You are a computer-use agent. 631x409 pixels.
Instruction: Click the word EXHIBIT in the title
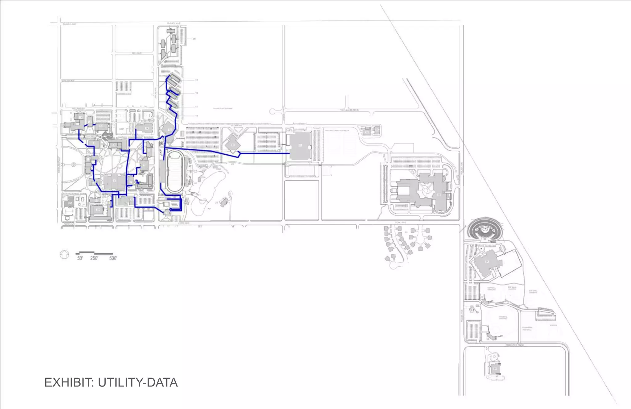pos(69,382)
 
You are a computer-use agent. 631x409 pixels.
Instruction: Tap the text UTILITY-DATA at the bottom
pos(138,382)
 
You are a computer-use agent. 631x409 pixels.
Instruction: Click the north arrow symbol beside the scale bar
pos(64,255)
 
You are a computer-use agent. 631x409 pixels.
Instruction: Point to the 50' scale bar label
pos(80,258)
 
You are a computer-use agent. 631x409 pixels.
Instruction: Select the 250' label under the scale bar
pos(94,258)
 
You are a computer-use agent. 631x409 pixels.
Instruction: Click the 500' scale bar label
pos(113,258)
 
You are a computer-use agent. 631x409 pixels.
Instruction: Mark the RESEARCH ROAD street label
pos(515,345)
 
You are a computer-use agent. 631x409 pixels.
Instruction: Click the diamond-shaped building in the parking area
pos(233,145)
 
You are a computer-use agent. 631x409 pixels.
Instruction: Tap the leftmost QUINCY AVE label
pos(69,24)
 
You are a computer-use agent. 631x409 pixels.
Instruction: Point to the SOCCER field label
pos(553,325)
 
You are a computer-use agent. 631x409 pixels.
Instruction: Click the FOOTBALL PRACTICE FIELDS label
pos(337,131)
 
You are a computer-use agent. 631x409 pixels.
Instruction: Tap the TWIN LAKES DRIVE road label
pos(349,110)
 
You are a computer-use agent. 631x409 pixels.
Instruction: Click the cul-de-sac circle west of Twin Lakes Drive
pos(273,111)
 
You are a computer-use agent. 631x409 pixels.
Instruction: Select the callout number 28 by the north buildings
pos(194,39)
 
